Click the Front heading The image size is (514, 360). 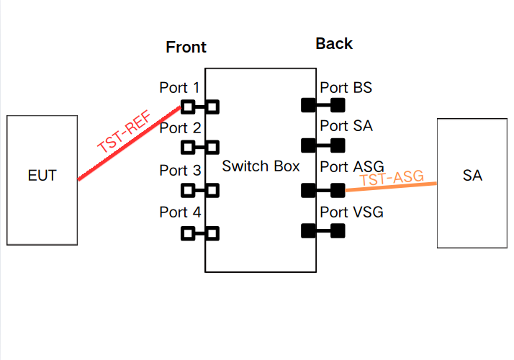coord(186,48)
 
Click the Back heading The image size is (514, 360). coord(334,44)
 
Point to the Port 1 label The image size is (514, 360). coord(180,88)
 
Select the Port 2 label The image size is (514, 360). coord(180,129)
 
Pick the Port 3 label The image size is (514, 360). coord(180,171)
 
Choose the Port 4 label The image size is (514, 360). coord(180,212)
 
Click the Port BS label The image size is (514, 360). coord(346,88)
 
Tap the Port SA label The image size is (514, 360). coord(346,127)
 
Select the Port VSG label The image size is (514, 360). coord(351,212)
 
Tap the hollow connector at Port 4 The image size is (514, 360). coord(199,233)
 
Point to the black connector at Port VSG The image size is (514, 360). coord(323,231)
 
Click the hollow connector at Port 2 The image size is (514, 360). coord(199,148)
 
